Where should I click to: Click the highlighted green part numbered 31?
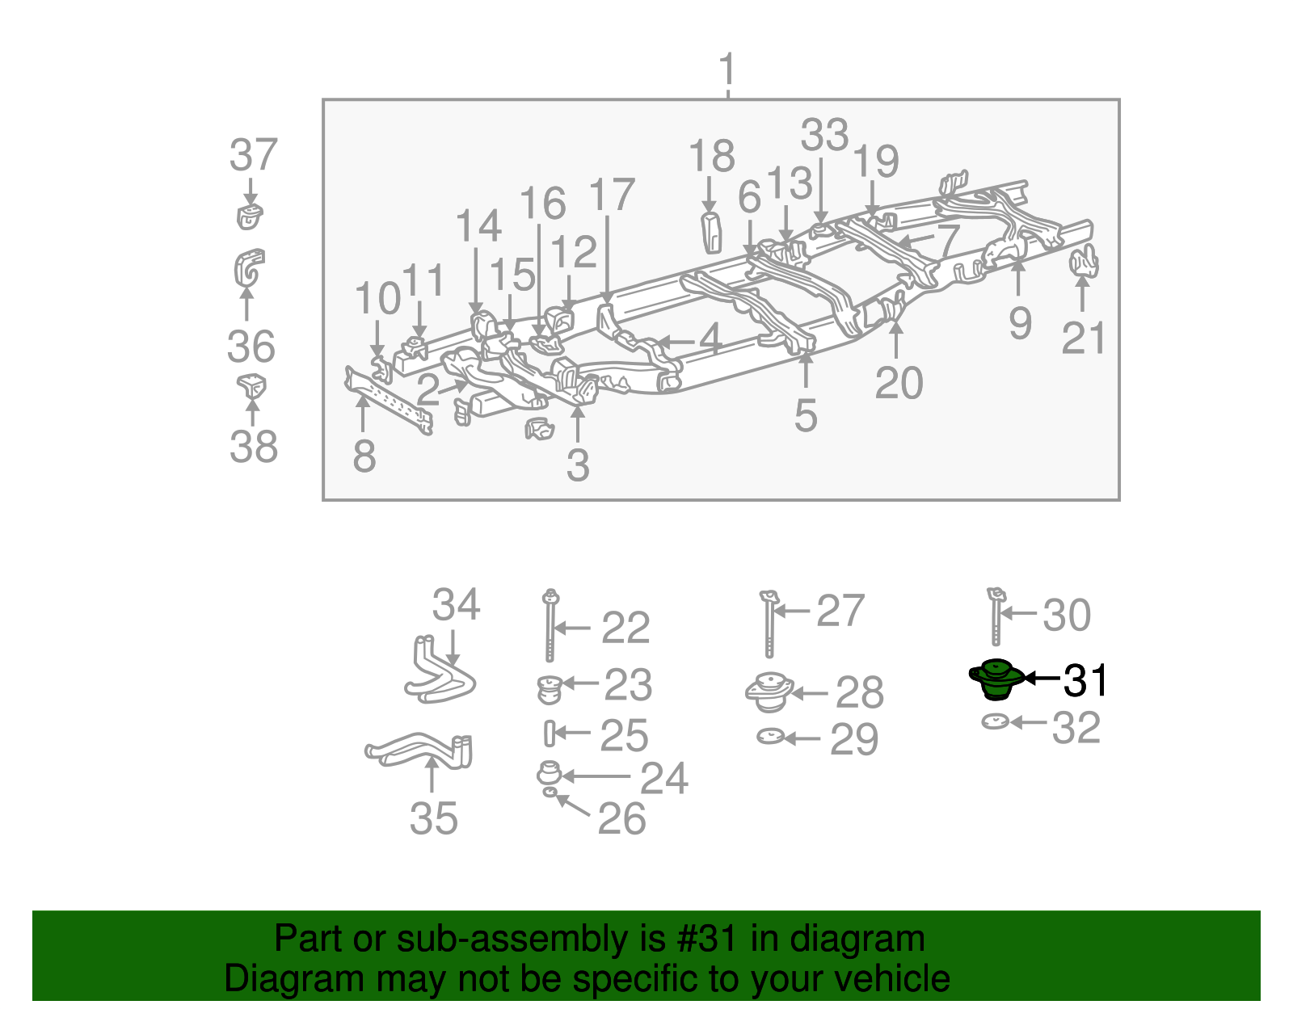996,679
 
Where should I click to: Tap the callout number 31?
1085,680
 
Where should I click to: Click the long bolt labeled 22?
550,626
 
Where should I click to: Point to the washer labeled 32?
996,721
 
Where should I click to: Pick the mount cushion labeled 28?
769,692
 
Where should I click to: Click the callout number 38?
253,446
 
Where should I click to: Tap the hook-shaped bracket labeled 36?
248,268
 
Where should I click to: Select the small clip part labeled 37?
250,217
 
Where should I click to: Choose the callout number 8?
364,456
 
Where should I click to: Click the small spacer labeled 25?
549,733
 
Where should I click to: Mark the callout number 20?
899,382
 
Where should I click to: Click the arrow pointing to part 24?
595,776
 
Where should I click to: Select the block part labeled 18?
711,232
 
